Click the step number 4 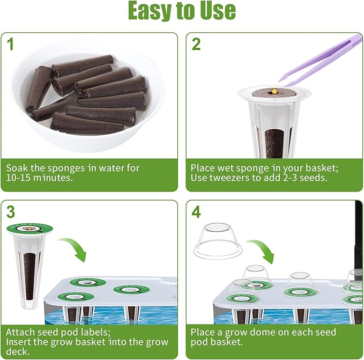(x=196, y=212)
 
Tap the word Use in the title (x=215, y=11)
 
